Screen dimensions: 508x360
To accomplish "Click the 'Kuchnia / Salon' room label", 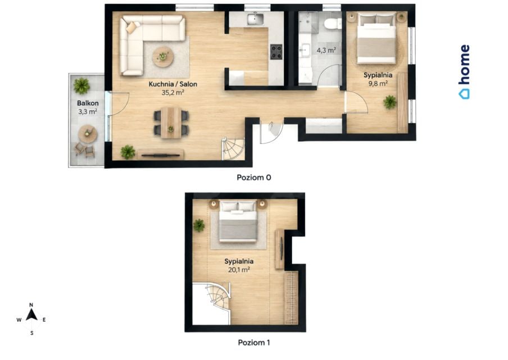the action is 173,84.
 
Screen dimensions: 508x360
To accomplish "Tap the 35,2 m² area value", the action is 173,92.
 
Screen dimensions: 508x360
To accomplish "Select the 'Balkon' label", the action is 88,103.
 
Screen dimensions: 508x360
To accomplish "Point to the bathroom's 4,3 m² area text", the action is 326,50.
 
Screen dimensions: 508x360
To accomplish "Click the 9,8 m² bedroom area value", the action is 378,83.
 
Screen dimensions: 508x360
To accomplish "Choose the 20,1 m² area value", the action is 239,269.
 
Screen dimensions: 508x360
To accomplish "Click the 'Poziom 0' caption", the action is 253,177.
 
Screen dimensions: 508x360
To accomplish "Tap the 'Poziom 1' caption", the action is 253,343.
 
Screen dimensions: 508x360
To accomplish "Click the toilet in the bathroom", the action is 332,24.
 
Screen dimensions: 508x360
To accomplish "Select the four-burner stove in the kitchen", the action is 276,52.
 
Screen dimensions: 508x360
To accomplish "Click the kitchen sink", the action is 256,20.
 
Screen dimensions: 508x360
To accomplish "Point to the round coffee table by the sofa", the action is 164,57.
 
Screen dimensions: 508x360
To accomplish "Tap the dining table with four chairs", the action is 171,123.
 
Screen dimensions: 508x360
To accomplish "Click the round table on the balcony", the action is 88,134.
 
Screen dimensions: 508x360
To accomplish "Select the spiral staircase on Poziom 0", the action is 233,148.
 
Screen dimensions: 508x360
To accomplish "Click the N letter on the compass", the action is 31,305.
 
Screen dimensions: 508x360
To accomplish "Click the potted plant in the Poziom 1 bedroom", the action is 198,225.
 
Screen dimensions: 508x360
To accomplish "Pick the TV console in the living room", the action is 161,154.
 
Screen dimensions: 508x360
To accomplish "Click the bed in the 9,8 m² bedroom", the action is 376,38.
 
